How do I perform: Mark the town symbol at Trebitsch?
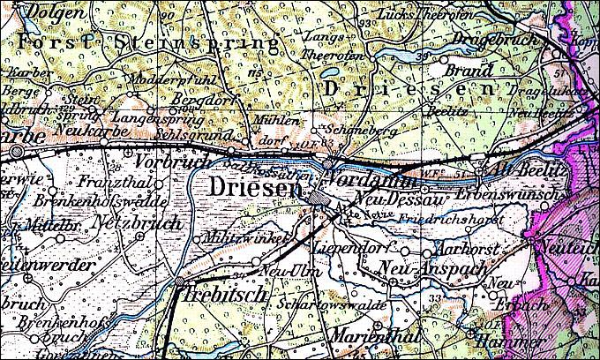point(179,282)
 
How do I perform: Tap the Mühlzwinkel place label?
point(235,237)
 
